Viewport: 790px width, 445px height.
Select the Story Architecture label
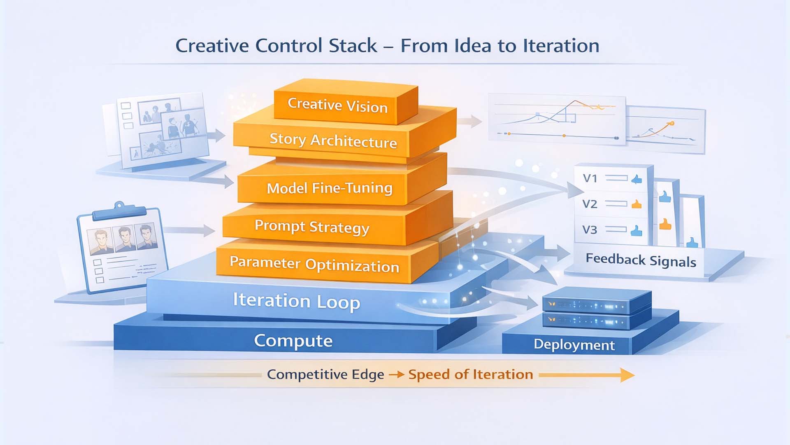click(333, 141)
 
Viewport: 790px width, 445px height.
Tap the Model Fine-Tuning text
click(329, 188)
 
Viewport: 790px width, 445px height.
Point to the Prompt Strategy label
click(312, 227)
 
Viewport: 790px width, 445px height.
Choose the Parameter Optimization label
click(314, 264)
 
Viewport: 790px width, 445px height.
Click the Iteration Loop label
click(296, 301)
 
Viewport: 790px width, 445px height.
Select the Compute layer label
click(293, 341)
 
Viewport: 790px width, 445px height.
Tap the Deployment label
click(574, 344)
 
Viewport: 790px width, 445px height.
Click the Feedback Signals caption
click(641, 260)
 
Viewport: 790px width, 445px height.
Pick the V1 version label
click(590, 178)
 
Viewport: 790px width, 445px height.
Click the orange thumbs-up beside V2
click(637, 204)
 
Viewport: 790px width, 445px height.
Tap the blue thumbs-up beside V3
click(636, 230)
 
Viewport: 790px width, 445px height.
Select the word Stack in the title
click(353, 45)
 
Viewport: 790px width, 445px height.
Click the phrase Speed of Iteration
click(470, 374)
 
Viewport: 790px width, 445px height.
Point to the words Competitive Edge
click(325, 374)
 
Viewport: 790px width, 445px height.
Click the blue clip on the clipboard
click(119, 210)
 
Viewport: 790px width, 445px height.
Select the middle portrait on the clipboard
click(125, 238)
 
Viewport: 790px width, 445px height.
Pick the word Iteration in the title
click(561, 45)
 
